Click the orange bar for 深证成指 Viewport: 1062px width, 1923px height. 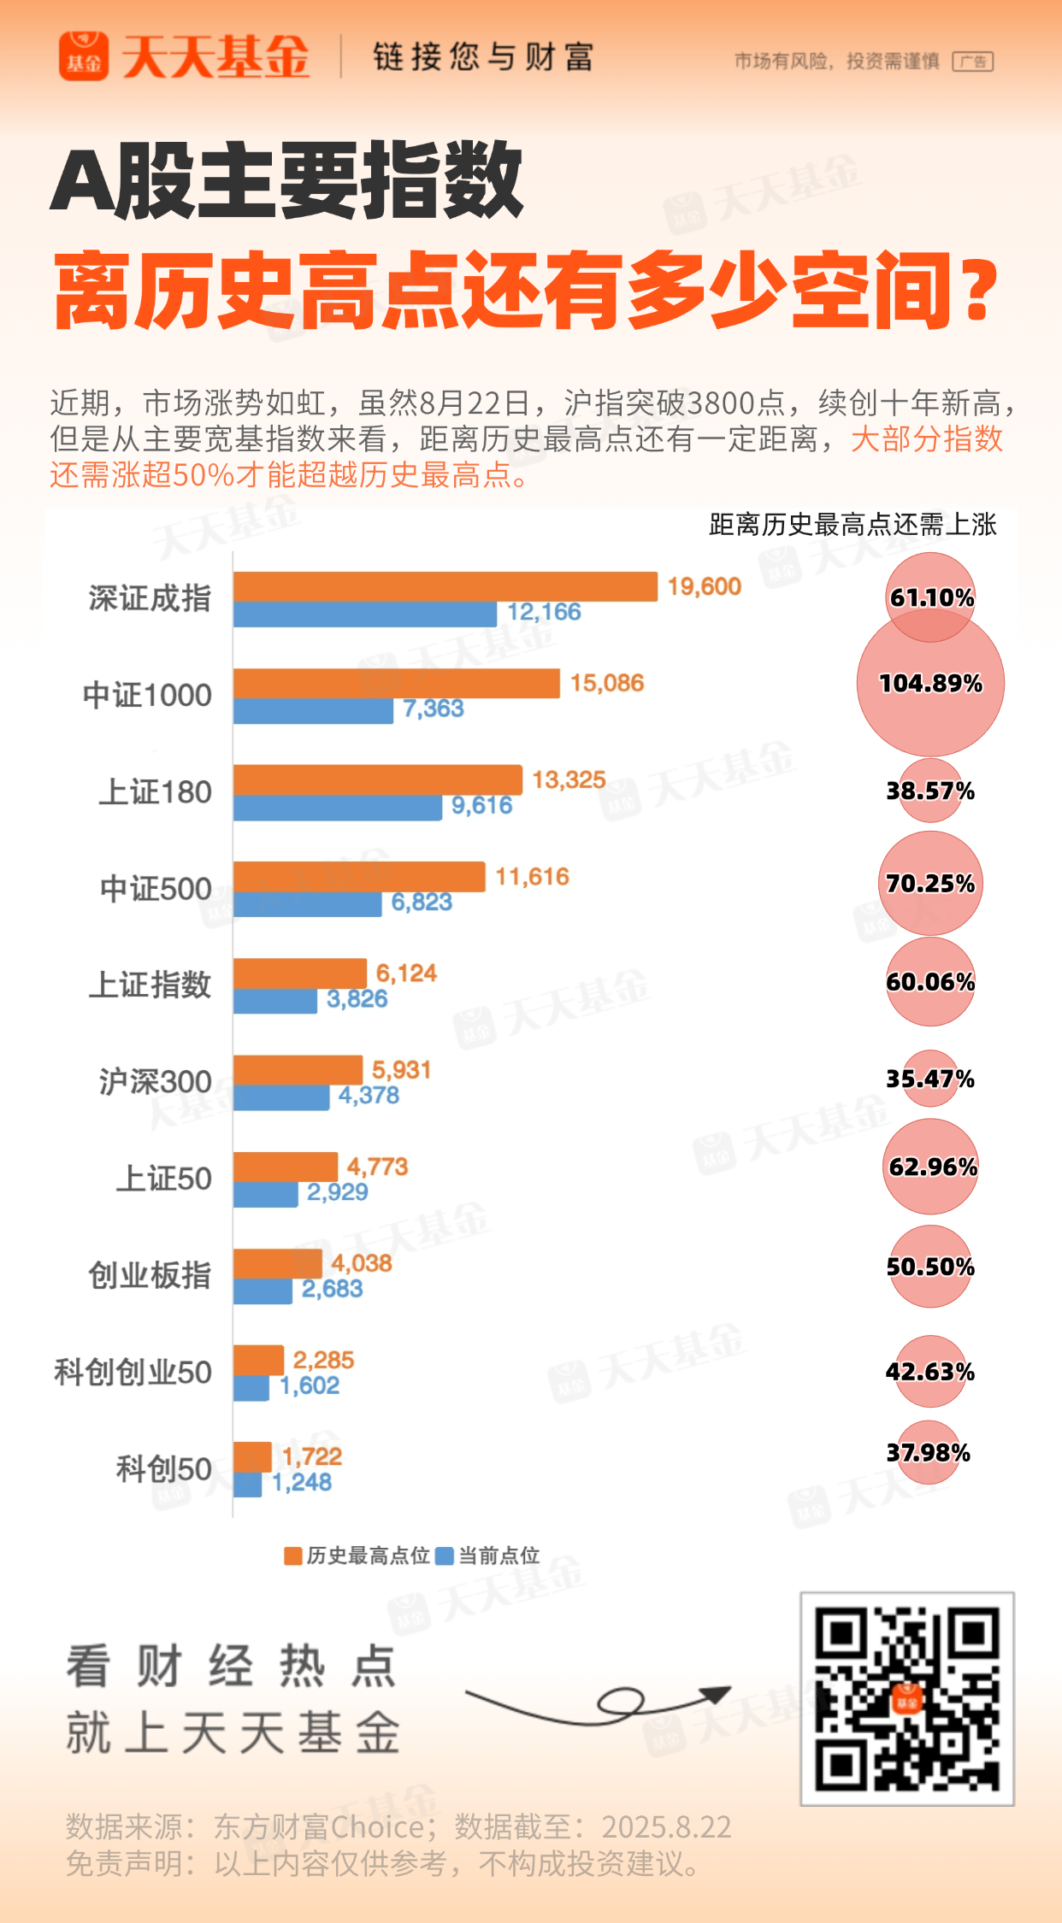click(445, 586)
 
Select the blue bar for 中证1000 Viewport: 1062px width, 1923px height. click(313, 710)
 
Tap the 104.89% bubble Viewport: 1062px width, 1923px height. click(930, 683)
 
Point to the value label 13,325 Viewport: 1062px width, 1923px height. click(569, 779)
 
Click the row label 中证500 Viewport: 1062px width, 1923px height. click(156, 889)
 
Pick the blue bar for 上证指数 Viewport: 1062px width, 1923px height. click(274, 1001)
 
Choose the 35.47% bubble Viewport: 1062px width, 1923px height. click(930, 1079)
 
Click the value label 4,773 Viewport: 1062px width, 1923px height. click(377, 1166)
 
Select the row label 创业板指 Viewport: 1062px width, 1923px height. click(150, 1275)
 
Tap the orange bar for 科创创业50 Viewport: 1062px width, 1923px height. click(258, 1360)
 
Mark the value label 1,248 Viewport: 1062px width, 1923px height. click(302, 1482)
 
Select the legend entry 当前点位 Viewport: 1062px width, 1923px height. click(488, 1555)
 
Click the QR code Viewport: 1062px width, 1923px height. click(907, 1699)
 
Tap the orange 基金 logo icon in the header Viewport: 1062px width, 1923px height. click(84, 56)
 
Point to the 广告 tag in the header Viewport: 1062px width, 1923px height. click(973, 62)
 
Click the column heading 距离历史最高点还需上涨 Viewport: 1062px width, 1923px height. click(853, 524)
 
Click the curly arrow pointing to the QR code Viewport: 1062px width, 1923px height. click(599, 1703)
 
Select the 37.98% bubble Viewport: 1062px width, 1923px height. click(929, 1453)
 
